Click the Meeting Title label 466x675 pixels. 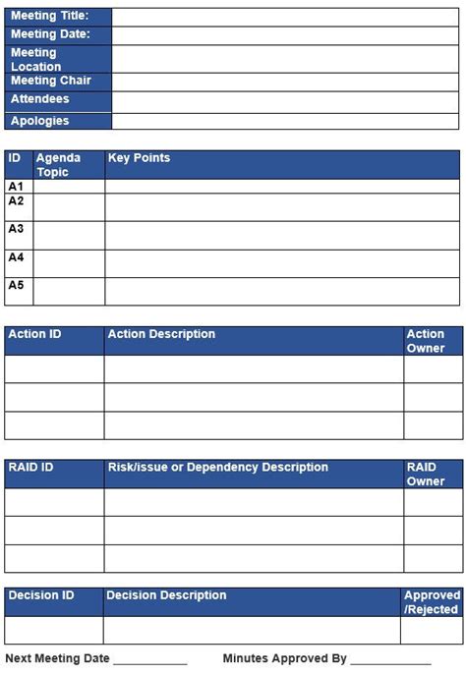(49, 16)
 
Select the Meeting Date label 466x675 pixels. (50, 34)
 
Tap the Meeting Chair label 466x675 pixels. (50, 81)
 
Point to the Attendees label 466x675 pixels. (40, 99)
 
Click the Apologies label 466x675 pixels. (40, 121)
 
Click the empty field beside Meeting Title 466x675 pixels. (285, 16)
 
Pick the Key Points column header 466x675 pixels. (140, 158)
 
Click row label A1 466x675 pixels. (16, 186)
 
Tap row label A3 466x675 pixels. (16, 229)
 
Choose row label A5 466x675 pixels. (16, 286)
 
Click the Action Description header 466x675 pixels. (161, 334)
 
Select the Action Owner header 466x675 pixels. (426, 341)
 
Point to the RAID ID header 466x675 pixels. (30, 468)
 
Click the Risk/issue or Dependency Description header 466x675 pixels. (217, 468)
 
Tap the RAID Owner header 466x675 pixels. (426, 475)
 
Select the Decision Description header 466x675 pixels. (166, 595)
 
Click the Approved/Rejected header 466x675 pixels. (432, 602)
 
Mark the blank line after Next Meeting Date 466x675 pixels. (149, 660)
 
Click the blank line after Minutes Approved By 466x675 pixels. (390, 660)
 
